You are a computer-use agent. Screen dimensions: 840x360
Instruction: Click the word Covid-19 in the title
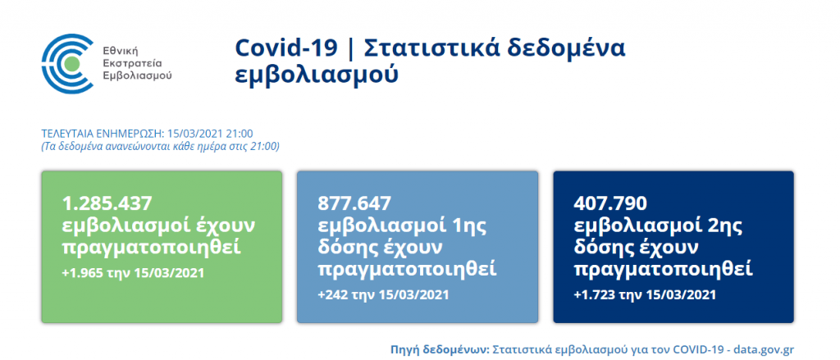(286, 48)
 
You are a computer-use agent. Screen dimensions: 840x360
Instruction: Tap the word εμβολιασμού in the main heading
(317, 75)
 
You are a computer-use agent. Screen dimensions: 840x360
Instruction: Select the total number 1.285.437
(107, 203)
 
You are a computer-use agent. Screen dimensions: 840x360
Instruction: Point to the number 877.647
(354, 203)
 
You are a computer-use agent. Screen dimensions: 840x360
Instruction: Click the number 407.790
(610, 203)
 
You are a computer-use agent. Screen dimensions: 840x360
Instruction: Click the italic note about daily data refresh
(160, 146)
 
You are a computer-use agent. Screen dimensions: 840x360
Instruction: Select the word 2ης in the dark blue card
(728, 226)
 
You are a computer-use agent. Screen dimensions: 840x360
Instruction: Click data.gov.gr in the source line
(764, 350)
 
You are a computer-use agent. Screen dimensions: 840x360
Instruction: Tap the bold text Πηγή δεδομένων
(440, 350)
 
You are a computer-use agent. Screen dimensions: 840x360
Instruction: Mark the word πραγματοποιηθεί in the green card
(152, 248)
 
